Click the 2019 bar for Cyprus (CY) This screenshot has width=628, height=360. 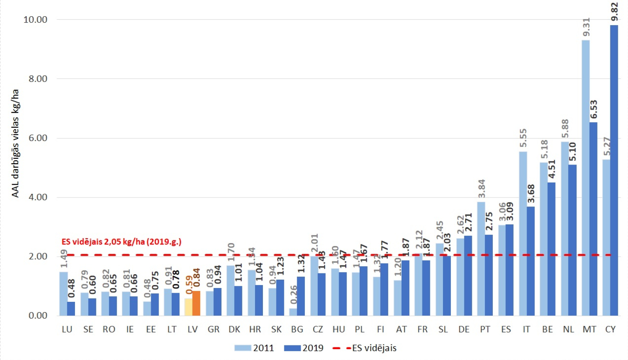click(x=614, y=167)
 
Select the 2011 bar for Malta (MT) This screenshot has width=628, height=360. click(x=586, y=176)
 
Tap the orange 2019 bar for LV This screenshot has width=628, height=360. click(x=196, y=303)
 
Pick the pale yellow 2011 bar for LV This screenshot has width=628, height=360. click(x=189, y=307)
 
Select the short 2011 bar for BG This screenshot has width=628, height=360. click(x=293, y=312)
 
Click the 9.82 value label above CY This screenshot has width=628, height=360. click(x=614, y=12)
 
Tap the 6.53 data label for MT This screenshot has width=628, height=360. click(x=594, y=109)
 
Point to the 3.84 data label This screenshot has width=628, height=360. click(x=481, y=188)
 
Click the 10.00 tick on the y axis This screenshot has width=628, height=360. click(x=35, y=20)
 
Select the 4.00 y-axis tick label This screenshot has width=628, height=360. click(x=38, y=197)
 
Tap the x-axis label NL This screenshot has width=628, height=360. click(x=568, y=329)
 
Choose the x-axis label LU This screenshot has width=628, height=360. click(x=67, y=329)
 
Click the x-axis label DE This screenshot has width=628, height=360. click(x=464, y=329)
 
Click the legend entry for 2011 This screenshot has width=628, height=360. click(x=254, y=348)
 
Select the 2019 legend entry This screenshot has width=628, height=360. click(x=304, y=348)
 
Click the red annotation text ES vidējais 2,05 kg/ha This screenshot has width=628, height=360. click(x=121, y=242)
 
